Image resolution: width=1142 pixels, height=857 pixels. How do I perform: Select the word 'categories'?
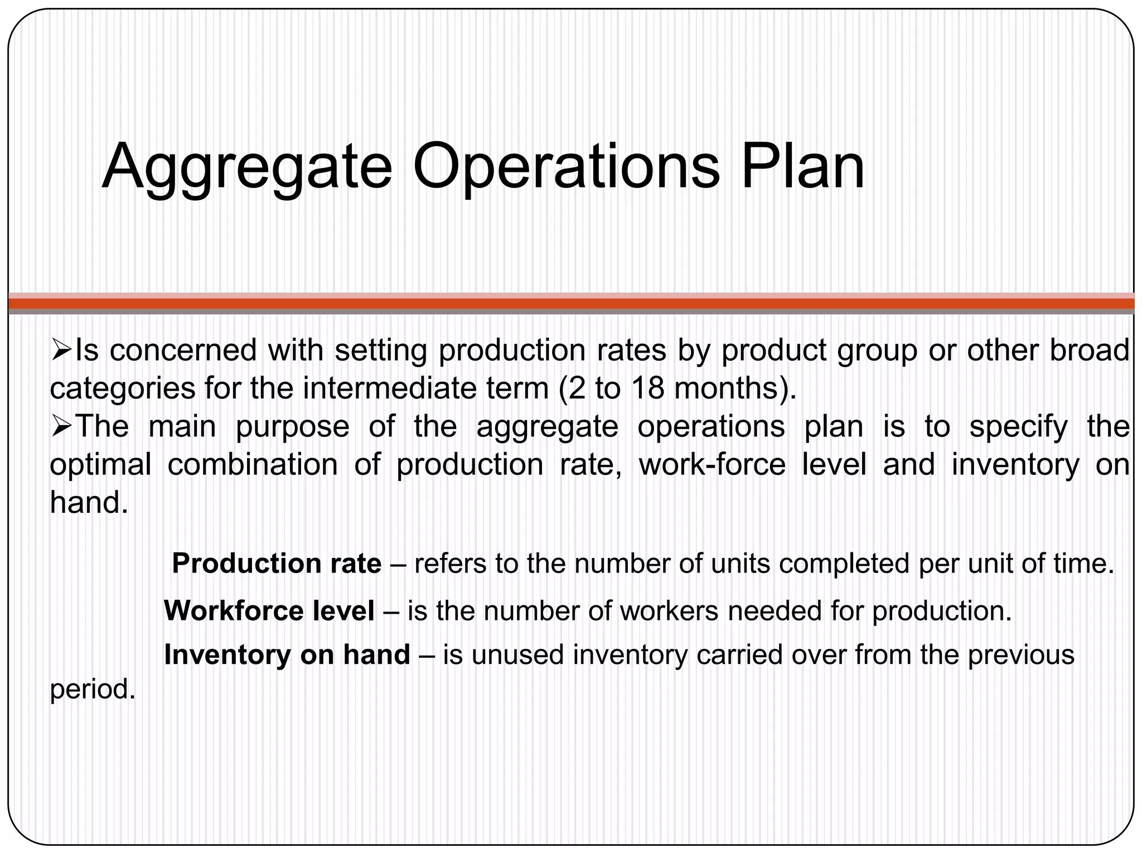pos(123,389)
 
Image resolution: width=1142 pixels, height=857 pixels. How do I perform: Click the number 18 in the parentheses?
pos(647,389)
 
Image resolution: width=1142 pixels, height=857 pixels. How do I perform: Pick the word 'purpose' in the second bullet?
pos(293,427)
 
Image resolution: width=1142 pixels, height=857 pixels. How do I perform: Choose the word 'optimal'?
pos(101,465)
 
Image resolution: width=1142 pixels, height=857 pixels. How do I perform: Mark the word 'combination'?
pos(253,465)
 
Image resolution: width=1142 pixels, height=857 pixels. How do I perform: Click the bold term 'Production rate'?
pos(277,564)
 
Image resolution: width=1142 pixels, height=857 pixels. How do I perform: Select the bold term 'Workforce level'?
pos(269,611)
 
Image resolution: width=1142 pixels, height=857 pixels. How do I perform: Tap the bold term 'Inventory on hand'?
pos(287,654)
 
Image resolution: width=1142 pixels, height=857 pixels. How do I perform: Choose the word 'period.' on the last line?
pos(93,690)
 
